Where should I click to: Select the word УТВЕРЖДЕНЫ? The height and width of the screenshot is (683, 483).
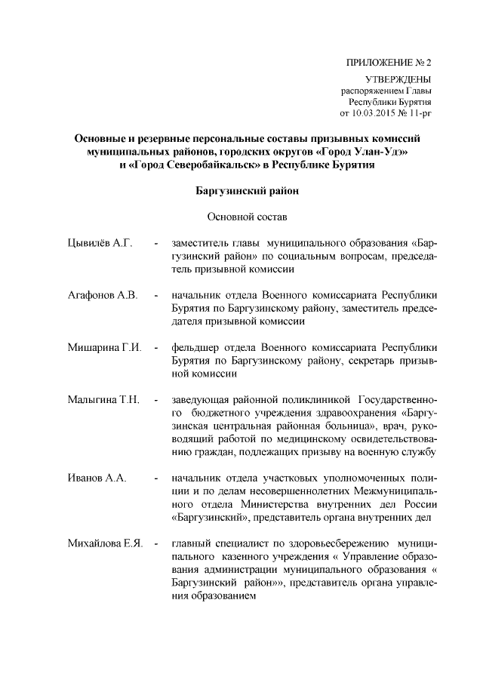click(x=398, y=79)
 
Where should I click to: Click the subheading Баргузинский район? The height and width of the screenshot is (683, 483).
click(x=248, y=191)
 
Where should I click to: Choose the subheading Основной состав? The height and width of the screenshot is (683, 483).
click(x=248, y=218)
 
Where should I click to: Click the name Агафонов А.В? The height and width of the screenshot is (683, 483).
click(x=102, y=295)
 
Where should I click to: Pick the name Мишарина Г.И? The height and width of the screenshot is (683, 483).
click(x=104, y=348)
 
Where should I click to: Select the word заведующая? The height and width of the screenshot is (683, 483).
click(x=202, y=398)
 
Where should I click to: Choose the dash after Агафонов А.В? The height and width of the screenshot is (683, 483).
click(x=155, y=295)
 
